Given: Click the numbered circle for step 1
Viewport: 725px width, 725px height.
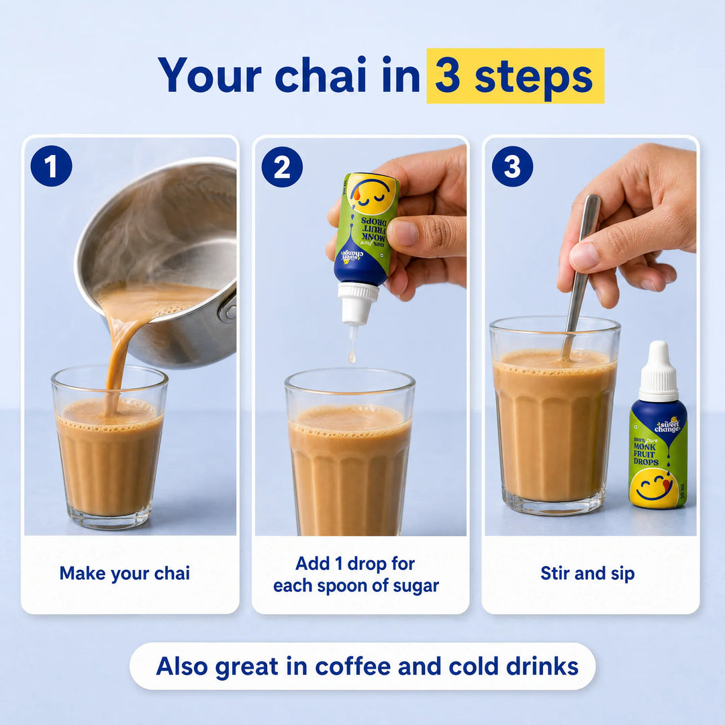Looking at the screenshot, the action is pyautogui.click(x=51, y=166).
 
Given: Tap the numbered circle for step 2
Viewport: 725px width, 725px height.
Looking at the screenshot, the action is pyautogui.click(x=282, y=167).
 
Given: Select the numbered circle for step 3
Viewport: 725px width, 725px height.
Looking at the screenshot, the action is pyautogui.click(x=512, y=166).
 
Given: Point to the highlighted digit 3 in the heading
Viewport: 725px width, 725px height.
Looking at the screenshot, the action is pyautogui.click(x=448, y=76).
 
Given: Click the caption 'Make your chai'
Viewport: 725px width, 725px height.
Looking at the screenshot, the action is pyautogui.click(x=125, y=574).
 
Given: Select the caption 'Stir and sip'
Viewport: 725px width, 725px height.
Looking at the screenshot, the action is pyautogui.click(x=587, y=574).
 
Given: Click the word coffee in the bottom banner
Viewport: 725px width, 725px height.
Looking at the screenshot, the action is pyautogui.click(x=353, y=667).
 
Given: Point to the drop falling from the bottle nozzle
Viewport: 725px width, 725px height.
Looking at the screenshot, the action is pyautogui.click(x=352, y=356).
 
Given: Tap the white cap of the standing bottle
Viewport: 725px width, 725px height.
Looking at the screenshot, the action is pyautogui.click(x=659, y=371).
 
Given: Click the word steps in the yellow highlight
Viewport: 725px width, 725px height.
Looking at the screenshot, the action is pyautogui.click(x=534, y=79).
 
